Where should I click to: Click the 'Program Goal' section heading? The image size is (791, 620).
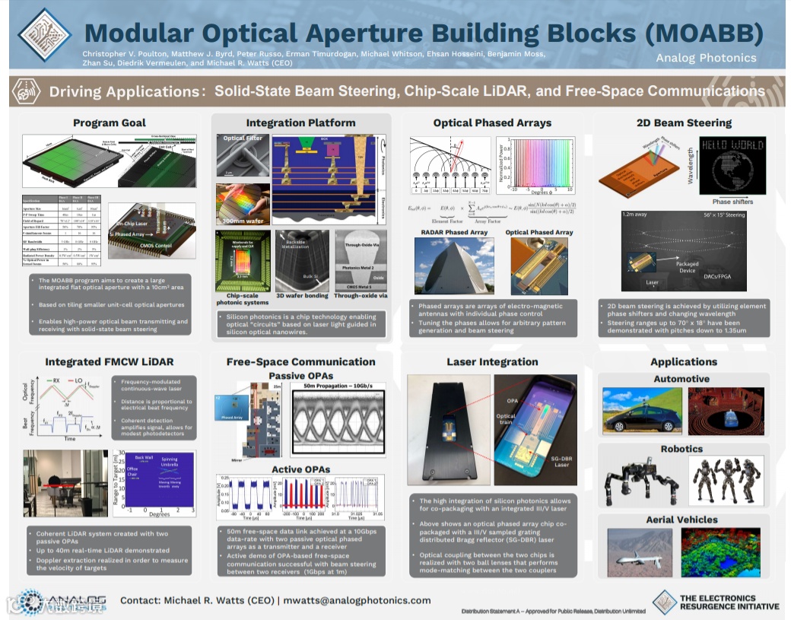click(x=110, y=122)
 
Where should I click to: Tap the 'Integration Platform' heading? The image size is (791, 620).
click(x=300, y=122)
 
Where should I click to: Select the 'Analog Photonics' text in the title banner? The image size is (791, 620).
click(x=706, y=58)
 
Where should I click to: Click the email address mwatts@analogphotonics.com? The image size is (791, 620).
click(x=357, y=600)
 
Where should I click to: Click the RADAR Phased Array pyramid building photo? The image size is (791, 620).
click(x=453, y=266)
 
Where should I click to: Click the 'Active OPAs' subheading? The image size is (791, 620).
click(x=301, y=470)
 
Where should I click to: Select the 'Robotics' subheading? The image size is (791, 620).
click(x=681, y=449)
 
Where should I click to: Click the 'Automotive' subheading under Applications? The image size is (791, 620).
click(x=681, y=379)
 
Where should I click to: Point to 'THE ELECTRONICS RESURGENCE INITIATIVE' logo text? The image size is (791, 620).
click(x=729, y=602)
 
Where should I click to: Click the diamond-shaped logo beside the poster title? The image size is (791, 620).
click(x=43, y=34)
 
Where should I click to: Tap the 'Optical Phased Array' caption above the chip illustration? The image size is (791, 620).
click(x=539, y=232)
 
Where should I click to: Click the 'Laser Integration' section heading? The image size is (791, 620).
click(x=492, y=362)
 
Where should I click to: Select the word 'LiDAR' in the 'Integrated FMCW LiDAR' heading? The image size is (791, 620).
click(x=157, y=362)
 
